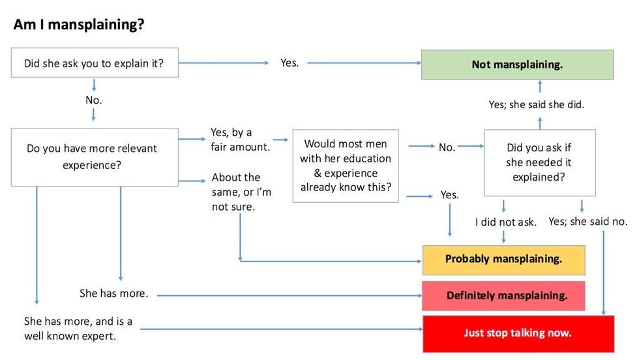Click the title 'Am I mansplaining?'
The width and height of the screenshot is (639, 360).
click(78, 25)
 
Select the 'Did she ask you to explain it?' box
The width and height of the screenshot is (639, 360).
click(95, 63)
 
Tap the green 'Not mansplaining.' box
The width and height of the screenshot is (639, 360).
click(517, 65)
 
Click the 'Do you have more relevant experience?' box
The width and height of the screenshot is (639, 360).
click(95, 157)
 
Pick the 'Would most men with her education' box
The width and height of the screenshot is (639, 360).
click(345, 166)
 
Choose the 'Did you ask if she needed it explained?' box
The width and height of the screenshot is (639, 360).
click(539, 162)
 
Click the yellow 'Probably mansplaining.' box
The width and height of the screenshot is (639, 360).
click(503, 259)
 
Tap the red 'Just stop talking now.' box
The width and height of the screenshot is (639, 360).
click(518, 333)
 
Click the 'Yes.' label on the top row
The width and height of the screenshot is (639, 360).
click(290, 63)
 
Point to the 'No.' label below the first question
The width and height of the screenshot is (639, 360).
click(94, 100)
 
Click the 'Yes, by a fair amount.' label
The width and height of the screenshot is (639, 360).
click(240, 140)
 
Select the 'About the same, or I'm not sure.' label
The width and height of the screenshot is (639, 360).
click(241, 192)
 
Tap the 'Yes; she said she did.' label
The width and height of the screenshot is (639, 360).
click(536, 104)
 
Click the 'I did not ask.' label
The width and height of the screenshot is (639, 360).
click(505, 222)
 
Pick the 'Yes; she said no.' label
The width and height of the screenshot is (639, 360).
click(588, 222)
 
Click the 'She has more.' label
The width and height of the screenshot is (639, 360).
click(114, 293)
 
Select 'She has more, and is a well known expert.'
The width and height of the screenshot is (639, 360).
click(78, 329)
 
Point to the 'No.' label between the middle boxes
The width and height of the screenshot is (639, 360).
click(447, 147)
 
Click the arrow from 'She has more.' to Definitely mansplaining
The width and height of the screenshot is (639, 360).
click(287, 295)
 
